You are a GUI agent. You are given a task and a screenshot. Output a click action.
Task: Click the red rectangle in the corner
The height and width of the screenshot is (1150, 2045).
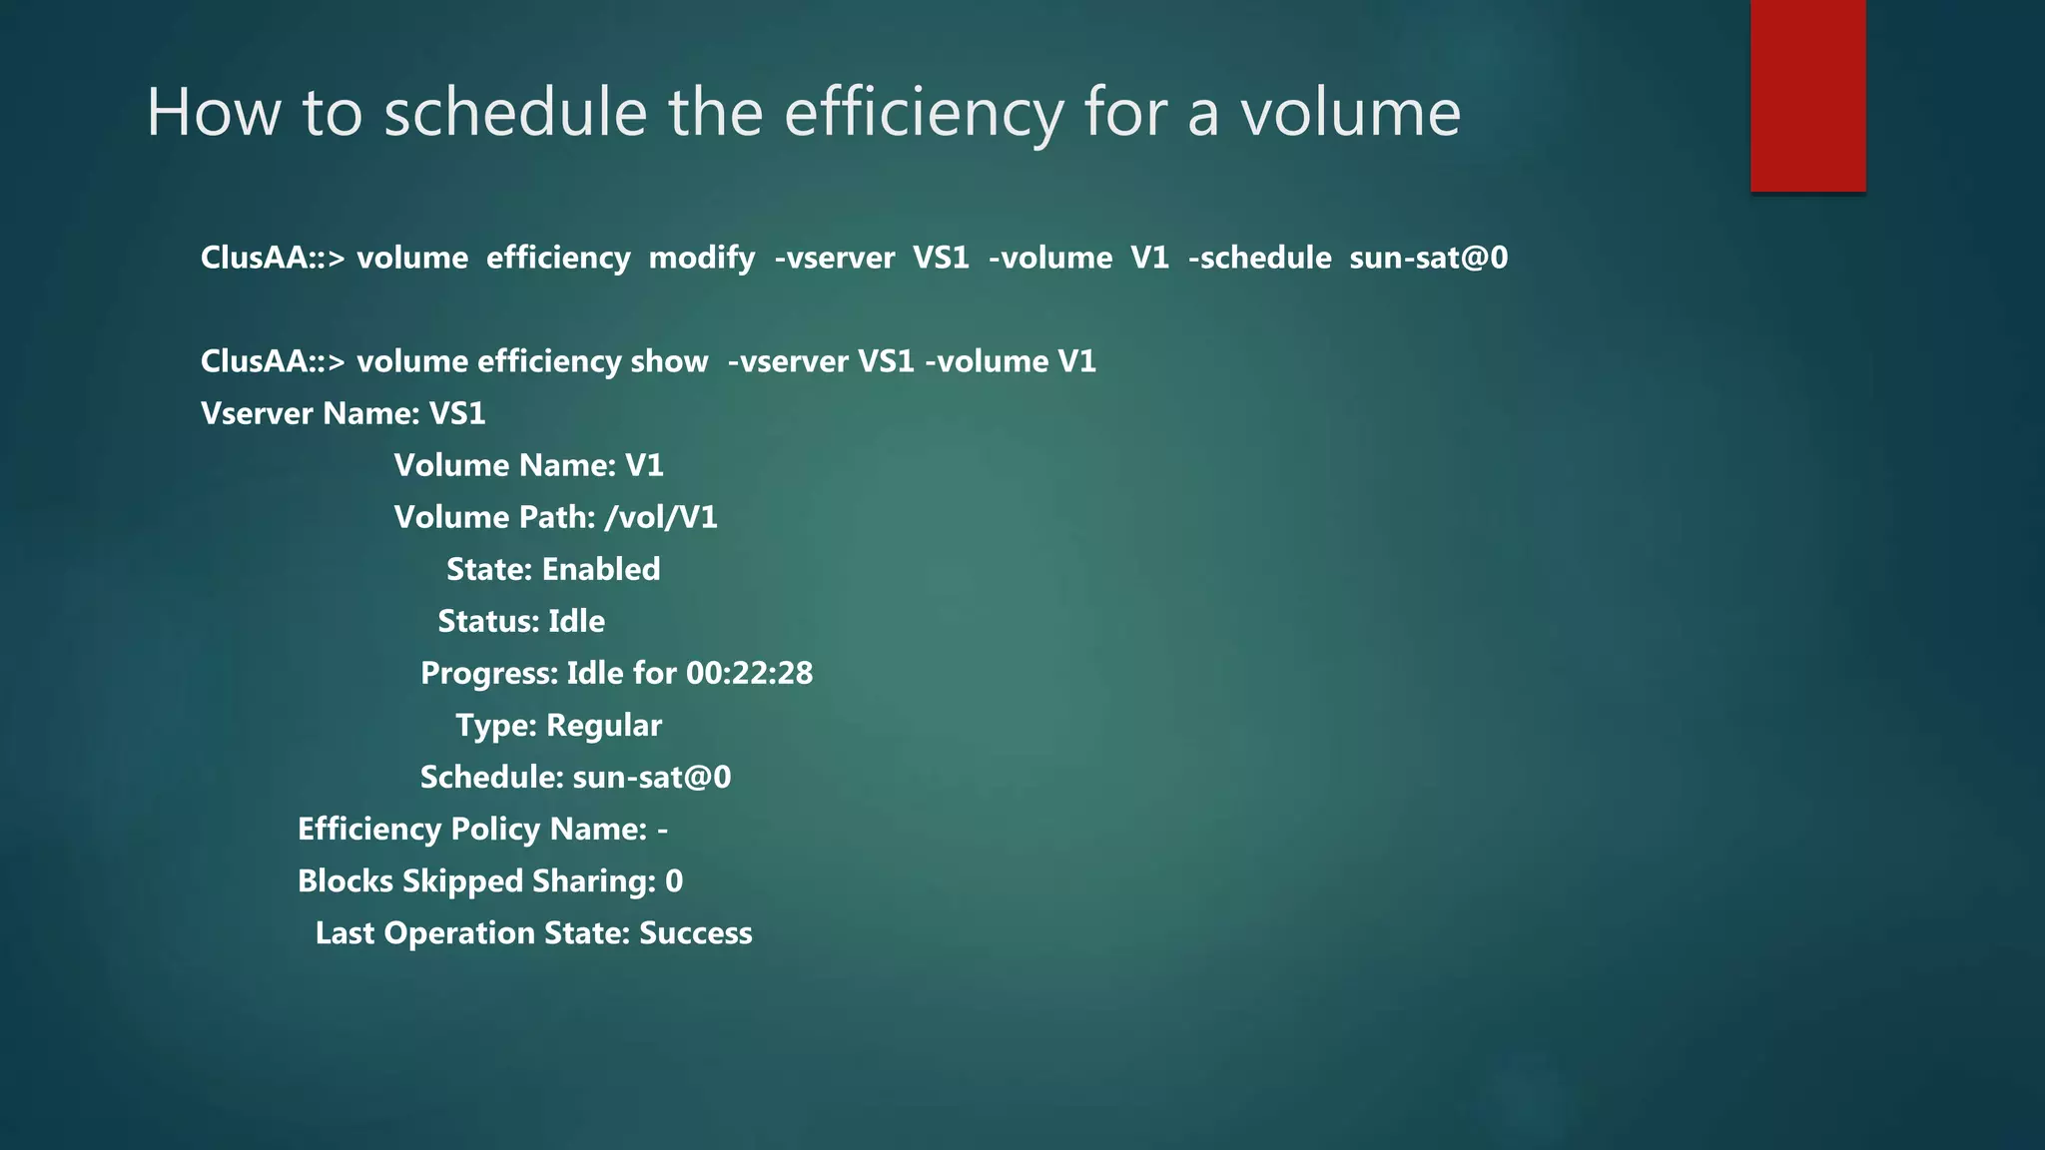click(x=1807, y=95)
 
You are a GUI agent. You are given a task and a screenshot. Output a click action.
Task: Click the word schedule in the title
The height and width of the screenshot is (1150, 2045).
click(x=515, y=112)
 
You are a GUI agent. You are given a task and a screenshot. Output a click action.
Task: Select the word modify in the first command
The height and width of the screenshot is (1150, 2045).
click(x=701, y=258)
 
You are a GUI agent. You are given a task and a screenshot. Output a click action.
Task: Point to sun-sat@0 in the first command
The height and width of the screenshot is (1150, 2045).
click(x=1428, y=258)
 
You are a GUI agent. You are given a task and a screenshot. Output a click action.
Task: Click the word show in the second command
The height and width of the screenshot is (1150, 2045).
click(x=669, y=361)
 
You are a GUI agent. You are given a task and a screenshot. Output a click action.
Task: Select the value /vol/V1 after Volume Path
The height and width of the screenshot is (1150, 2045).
click(x=661, y=517)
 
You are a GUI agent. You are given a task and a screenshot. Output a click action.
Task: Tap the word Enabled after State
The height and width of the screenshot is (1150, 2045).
click(x=601, y=569)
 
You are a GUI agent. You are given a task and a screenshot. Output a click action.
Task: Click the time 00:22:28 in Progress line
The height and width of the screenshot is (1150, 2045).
click(x=749, y=673)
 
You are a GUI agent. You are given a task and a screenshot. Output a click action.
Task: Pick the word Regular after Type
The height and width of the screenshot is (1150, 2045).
click(x=604, y=725)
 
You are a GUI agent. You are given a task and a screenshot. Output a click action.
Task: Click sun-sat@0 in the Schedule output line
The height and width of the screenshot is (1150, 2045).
click(x=652, y=777)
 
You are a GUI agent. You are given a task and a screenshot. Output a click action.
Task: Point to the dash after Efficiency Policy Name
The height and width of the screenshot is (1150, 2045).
click(x=663, y=830)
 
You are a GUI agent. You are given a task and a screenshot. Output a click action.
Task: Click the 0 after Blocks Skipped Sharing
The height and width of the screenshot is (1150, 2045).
click(x=674, y=880)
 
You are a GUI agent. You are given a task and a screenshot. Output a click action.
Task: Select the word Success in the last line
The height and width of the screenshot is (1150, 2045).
click(x=695, y=932)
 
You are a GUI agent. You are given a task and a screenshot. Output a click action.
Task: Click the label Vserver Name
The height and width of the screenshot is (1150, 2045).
click(x=310, y=413)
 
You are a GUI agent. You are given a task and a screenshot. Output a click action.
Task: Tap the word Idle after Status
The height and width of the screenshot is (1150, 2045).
click(x=576, y=621)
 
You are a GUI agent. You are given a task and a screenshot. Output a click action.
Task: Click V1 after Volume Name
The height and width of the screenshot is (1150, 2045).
click(x=644, y=465)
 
